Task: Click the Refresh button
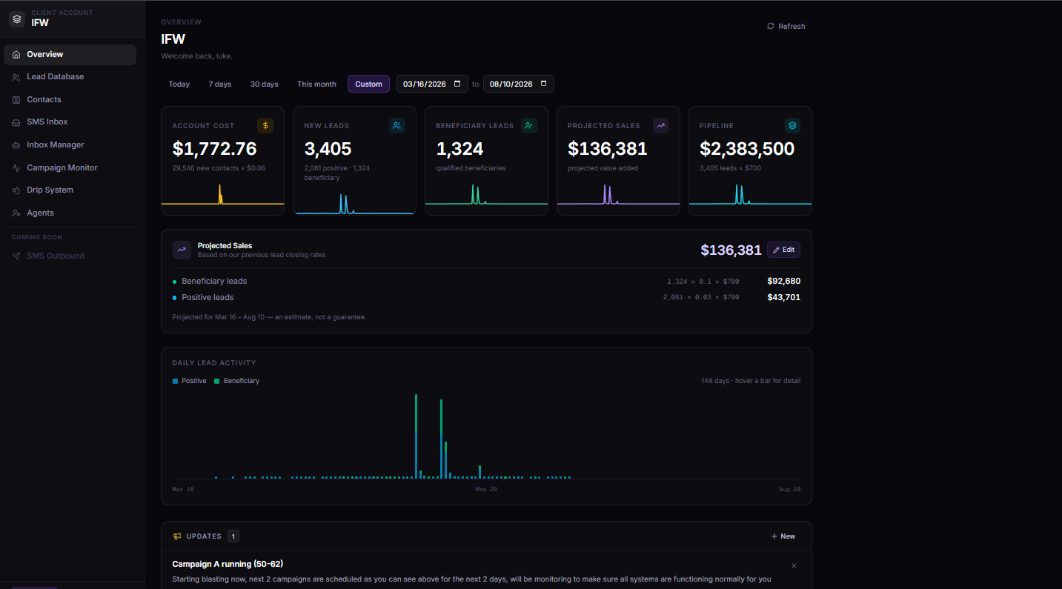tap(786, 26)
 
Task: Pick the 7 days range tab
tap(220, 84)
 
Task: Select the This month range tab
tap(316, 84)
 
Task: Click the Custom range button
tap(368, 84)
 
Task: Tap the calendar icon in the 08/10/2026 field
tap(544, 84)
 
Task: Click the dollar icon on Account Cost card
tap(265, 125)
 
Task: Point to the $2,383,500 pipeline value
tap(747, 149)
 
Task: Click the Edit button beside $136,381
tap(783, 250)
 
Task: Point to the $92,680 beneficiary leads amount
tap(783, 281)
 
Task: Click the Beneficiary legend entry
tap(236, 381)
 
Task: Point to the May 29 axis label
tap(486, 489)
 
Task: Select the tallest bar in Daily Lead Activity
tap(416, 436)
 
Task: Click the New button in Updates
tap(783, 536)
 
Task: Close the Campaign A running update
tap(794, 566)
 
